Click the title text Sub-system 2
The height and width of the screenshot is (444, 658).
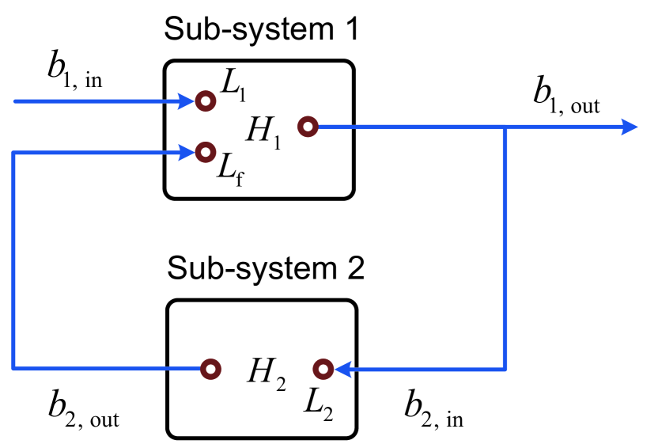[x=266, y=269]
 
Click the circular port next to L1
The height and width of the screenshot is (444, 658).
[x=206, y=101]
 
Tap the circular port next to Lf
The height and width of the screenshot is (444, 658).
[x=206, y=151]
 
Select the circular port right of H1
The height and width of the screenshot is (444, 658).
[x=308, y=126]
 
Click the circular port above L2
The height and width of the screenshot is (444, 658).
[x=323, y=369]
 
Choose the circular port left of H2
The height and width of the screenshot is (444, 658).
[x=210, y=369]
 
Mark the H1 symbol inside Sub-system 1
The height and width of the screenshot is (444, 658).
[x=263, y=131]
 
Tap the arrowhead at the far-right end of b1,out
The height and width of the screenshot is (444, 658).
[x=630, y=126]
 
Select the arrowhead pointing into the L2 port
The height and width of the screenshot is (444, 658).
[x=342, y=369]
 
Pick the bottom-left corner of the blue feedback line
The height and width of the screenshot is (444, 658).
[x=14, y=369]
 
